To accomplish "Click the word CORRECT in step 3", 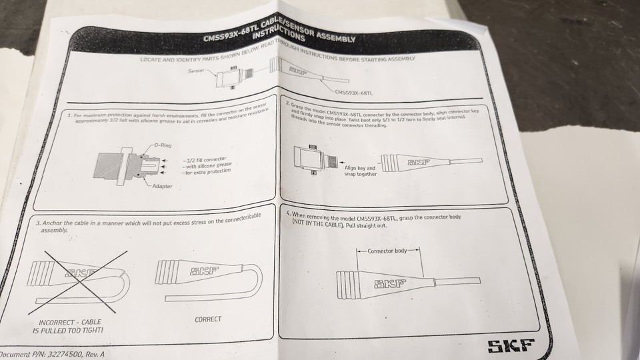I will tap(208, 319).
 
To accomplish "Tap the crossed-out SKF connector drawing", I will tap(77, 273).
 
